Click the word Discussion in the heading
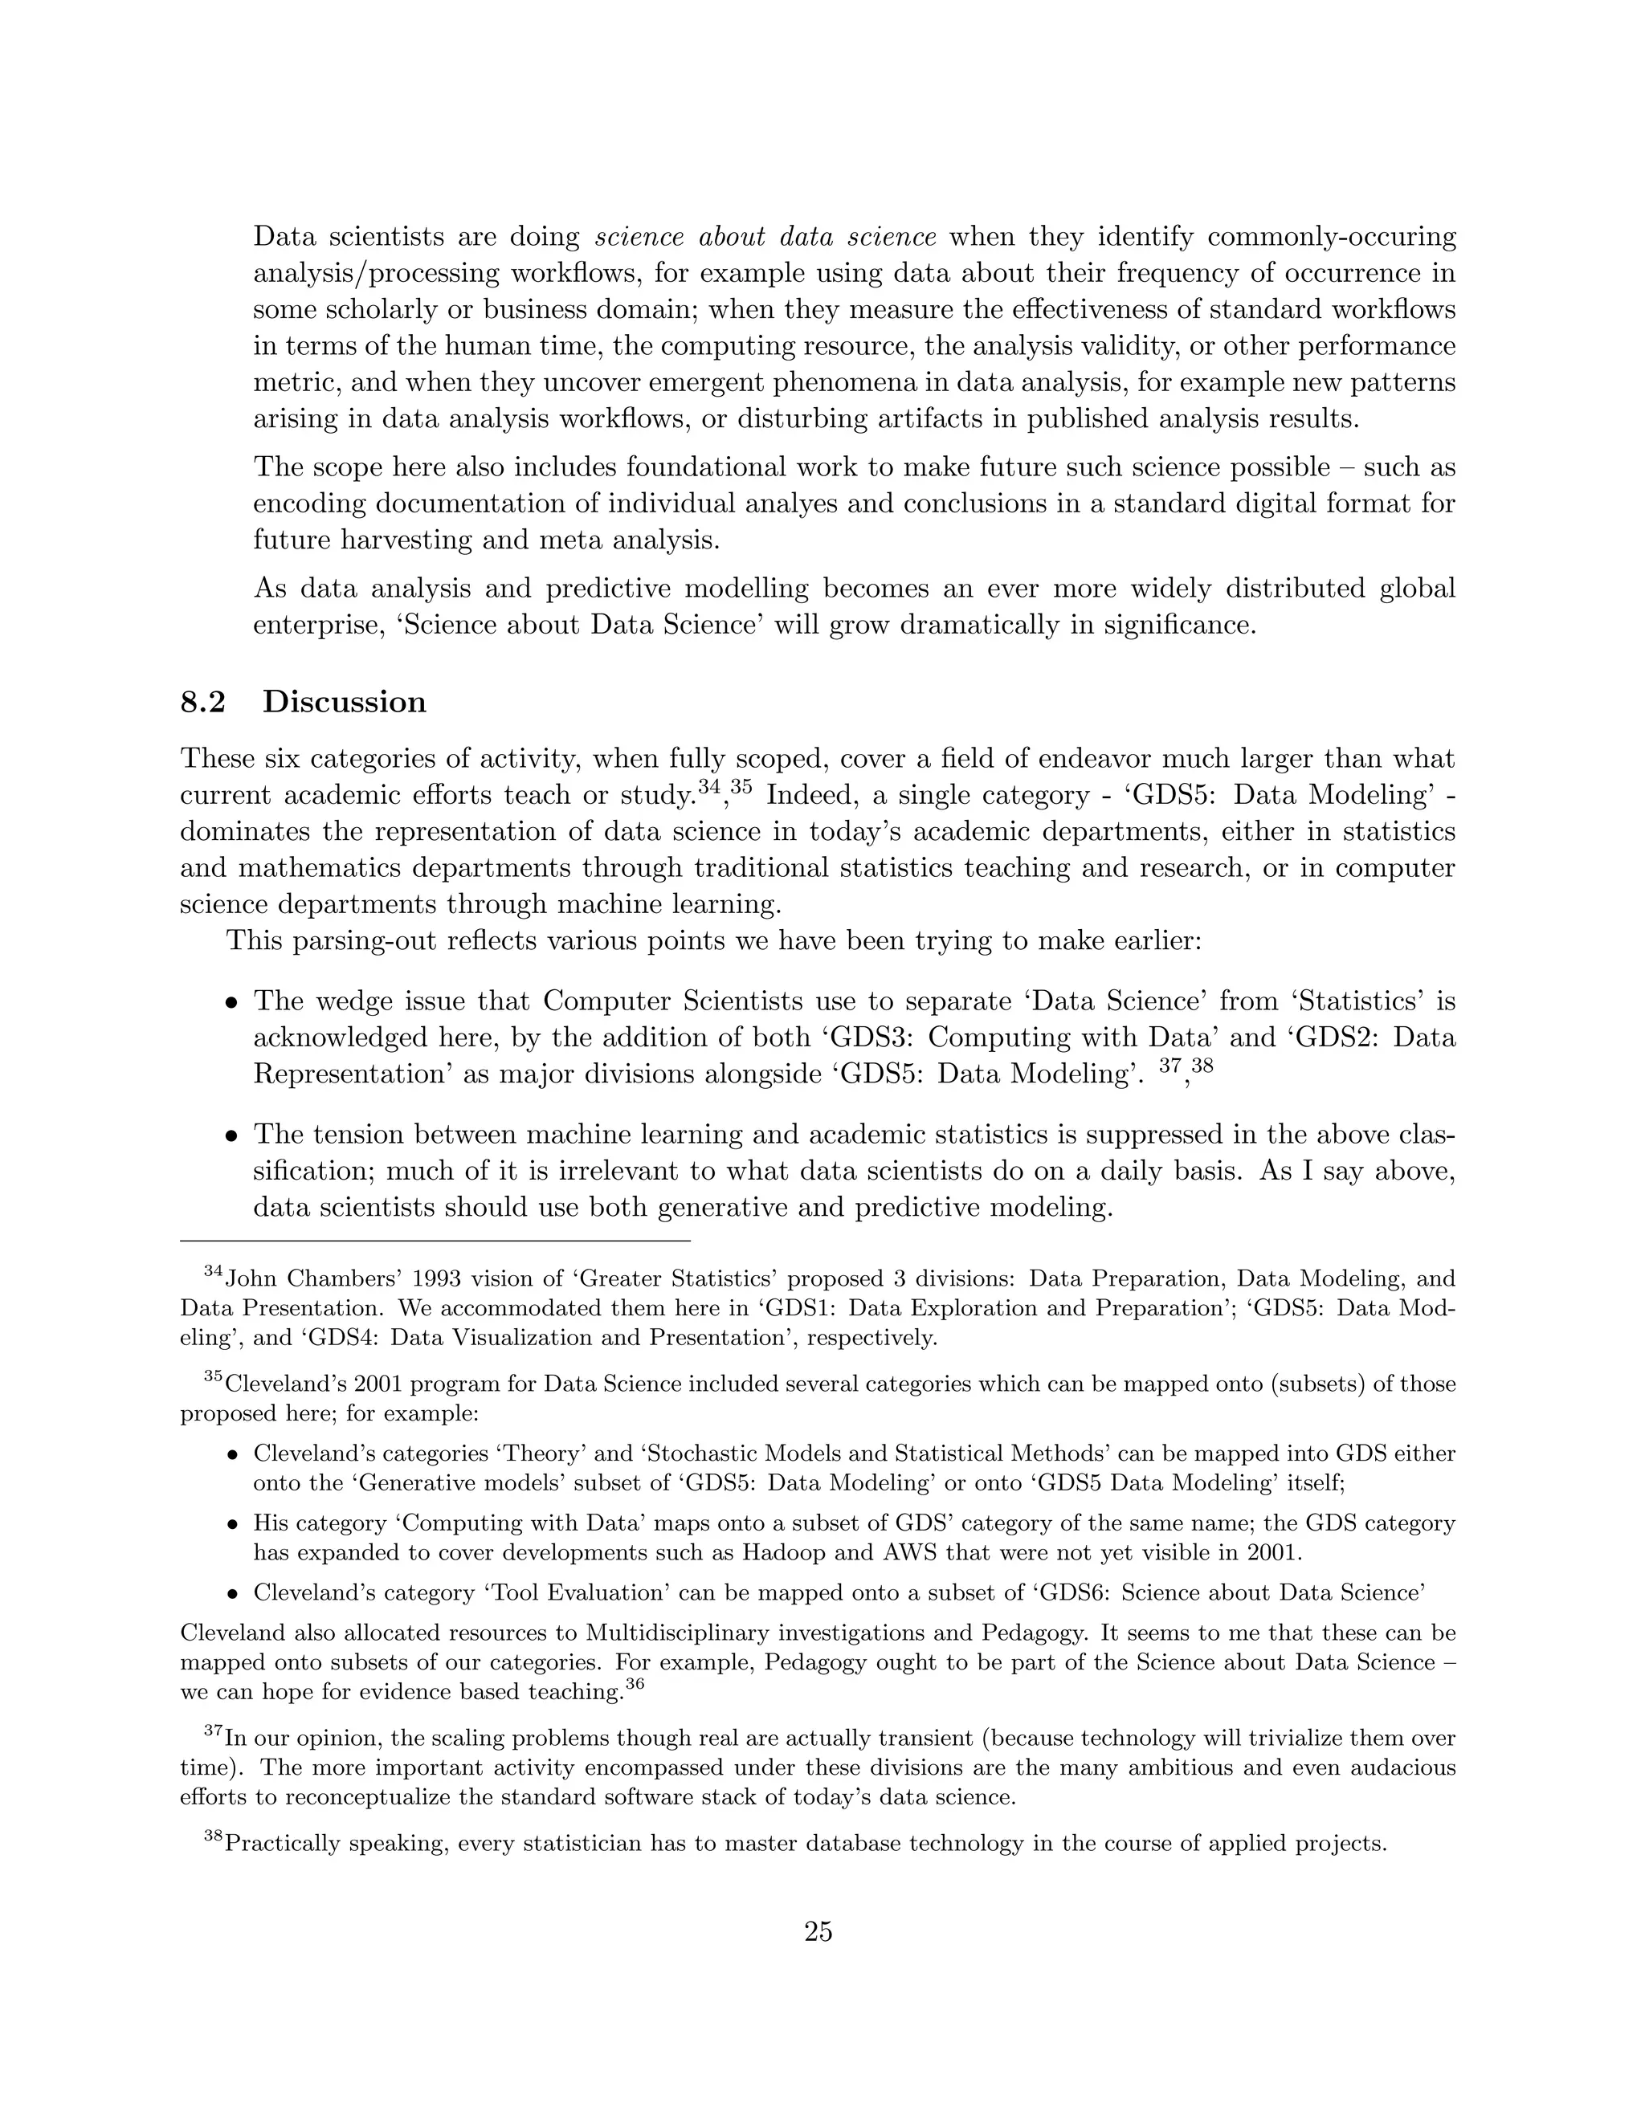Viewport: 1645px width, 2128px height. coord(344,702)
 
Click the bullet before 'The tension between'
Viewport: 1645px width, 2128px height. coord(231,1135)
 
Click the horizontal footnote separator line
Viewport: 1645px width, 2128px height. coord(435,1241)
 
